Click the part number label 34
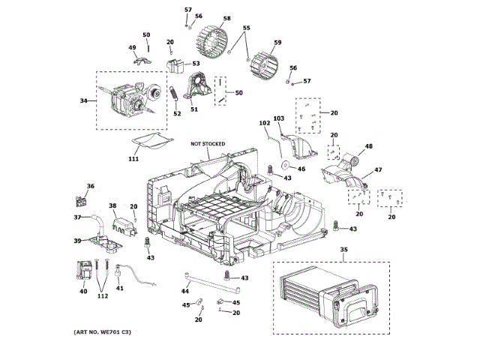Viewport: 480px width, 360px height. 84,101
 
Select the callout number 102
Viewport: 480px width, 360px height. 264,123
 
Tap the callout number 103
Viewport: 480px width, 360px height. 278,118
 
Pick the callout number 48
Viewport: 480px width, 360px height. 368,146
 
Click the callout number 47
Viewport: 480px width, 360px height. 378,171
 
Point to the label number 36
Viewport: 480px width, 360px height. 91,187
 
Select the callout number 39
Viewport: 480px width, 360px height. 76,241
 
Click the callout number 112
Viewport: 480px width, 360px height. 102,295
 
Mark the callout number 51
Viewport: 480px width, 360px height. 193,109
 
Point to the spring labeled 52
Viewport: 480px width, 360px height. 173,97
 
